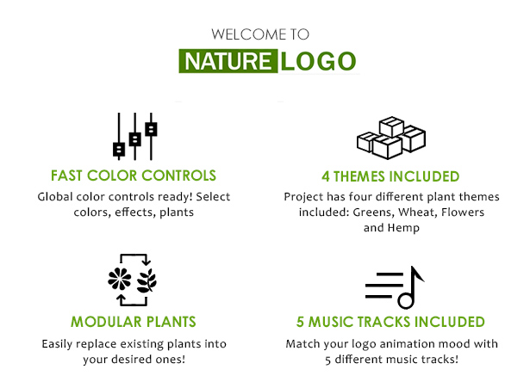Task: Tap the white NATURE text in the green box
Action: coord(228,61)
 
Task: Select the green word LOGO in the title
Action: coord(318,61)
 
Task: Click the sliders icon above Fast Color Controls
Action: coord(134,136)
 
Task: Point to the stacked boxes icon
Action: coord(391,138)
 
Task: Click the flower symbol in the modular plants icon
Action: coord(119,279)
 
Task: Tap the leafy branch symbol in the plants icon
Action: coord(147,280)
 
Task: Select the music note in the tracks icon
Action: coord(409,287)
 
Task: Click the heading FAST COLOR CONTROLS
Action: coord(134,176)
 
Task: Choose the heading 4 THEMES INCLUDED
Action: coord(390,176)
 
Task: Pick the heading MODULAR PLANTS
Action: coord(134,322)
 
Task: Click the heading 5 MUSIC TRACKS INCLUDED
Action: coord(390,322)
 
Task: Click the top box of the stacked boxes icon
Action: coord(391,126)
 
